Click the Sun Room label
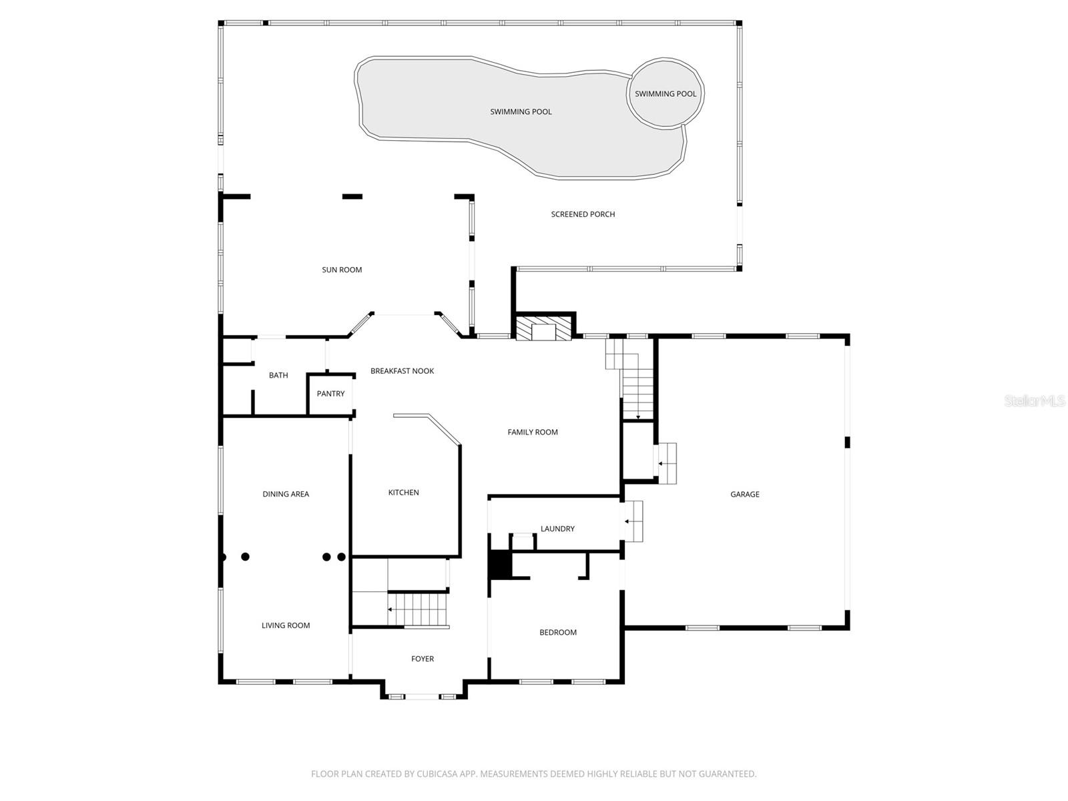[x=342, y=270]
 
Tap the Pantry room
[x=330, y=394]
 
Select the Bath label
[x=278, y=375]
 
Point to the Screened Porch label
[x=583, y=214]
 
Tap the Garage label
[x=744, y=494]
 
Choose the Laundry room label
[x=557, y=529]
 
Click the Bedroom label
[x=557, y=632]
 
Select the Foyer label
[x=422, y=659]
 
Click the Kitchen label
[x=403, y=493]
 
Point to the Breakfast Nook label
[x=402, y=371]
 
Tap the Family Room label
[x=532, y=432]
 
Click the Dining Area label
[x=286, y=494]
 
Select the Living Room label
[x=286, y=625]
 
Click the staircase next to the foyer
[x=417, y=609]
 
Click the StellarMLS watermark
[x=1035, y=400]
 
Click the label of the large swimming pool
[x=521, y=111]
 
